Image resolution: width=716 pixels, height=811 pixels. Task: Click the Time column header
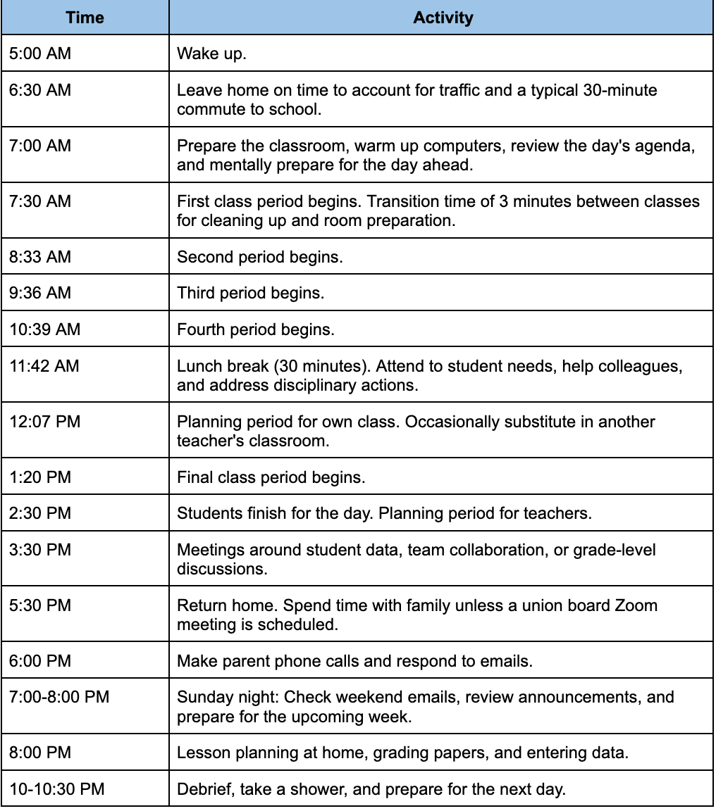[x=85, y=18]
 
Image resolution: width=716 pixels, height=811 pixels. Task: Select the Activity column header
[x=443, y=18]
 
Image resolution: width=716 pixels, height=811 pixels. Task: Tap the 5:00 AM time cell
[x=40, y=54]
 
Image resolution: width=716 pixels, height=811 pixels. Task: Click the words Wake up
[x=211, y=54]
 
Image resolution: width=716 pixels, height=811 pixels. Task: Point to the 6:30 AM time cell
[x=40, y=90]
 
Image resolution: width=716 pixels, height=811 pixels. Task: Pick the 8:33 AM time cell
[x=40, y=257]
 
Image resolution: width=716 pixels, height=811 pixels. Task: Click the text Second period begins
[x=259, y=257]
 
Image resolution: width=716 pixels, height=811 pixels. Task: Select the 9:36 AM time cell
[x=40, y=293]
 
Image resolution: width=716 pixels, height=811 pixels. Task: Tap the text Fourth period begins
[x=255, y=329]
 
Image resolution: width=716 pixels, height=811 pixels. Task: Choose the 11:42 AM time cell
[x=44, y=365]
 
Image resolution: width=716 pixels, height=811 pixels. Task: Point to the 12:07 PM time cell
[x=45, y=422]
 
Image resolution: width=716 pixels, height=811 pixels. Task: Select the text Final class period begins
[x=271, y=477]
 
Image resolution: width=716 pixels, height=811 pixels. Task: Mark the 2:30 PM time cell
[x=40, y=513]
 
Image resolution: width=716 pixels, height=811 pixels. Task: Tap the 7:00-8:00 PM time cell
[x=59, y=697]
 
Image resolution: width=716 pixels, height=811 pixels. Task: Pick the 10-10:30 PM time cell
[x=57, y=788]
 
